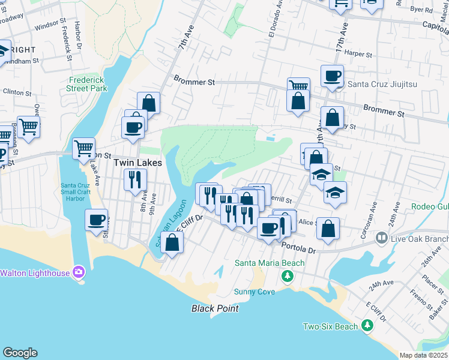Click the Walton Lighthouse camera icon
[x=78, y=272]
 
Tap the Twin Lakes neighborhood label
[x=131, y=163]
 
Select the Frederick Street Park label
[x=88, y=84]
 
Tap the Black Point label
[x=215, y=308]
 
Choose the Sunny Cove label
[x=255, y=292]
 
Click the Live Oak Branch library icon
[x=381, y=239]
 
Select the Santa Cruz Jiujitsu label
[x=378, y=84]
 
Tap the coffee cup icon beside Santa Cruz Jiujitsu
[x=331, y=76]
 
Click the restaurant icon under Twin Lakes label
[x=135, y=178]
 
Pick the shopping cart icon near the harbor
[x=83, y=148]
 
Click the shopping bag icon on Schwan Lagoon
[x=172, y=242]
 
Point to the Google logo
[x=20, y=353]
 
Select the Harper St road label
[x=359, y=53]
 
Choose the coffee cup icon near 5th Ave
[x=96, y=220]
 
